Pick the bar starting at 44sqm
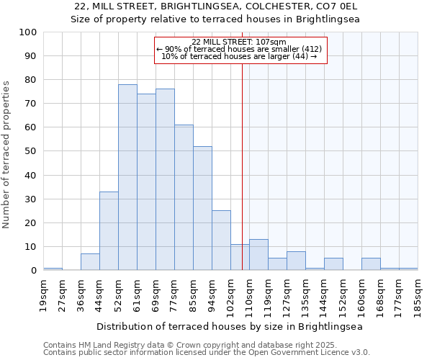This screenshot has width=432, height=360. (x=109, y=230)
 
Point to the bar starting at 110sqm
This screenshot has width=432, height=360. (x=258, y=255)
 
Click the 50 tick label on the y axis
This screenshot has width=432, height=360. (x=31, y=151)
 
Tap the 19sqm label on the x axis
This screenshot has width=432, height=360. (x=44, y=294)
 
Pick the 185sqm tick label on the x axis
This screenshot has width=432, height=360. (x=418, y=294)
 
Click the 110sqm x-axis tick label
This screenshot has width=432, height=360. (x=250, y=294)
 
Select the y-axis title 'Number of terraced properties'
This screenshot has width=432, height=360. (x=6, y=154)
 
